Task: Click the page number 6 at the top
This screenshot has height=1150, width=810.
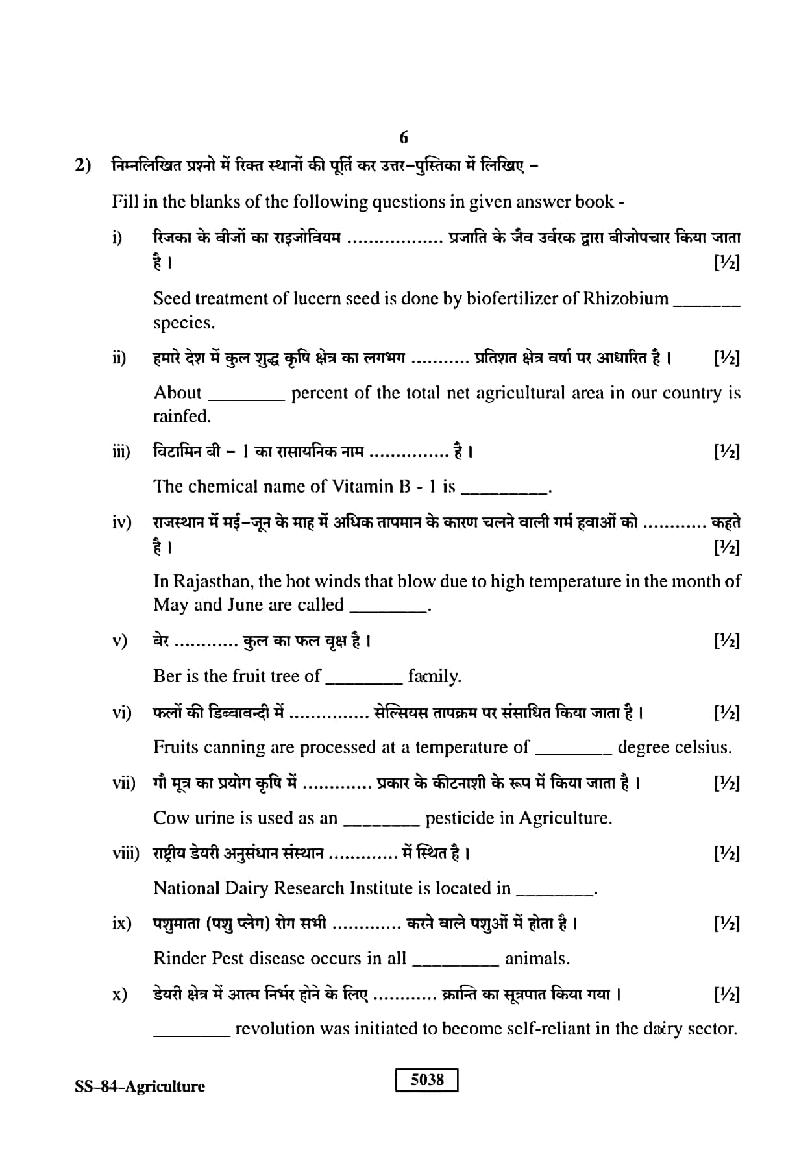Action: pos(404,138)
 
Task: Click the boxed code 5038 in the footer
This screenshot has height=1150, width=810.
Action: pos(426,1080)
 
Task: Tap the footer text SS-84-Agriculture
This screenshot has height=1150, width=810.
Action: pos(140,1086)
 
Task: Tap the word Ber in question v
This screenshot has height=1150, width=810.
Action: pos(167,676)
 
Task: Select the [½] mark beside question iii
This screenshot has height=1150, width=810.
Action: pos(726,452)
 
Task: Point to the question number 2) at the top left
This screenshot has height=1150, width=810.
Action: pos(82,166)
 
